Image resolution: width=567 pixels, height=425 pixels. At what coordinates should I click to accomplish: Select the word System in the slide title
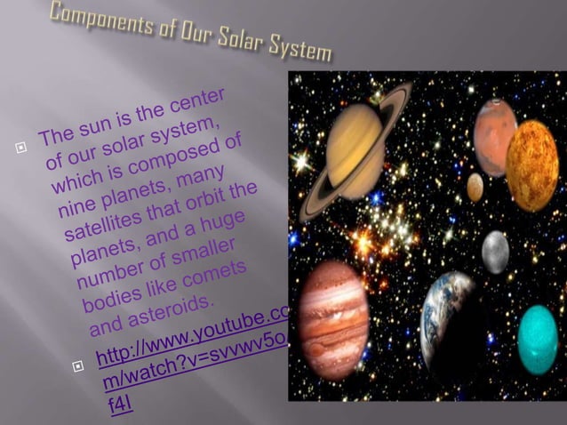297,52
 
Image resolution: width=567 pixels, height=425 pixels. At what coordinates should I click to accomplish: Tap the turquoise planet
538,340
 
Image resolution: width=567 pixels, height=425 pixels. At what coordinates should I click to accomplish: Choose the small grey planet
495,252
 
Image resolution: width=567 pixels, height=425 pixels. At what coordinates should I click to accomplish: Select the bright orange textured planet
531,165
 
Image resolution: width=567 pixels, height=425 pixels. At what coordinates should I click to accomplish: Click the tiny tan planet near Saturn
475,187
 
